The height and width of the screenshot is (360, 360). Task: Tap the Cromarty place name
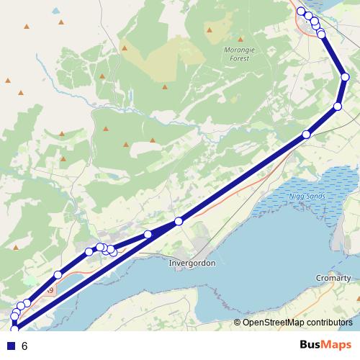[x=333, y=278]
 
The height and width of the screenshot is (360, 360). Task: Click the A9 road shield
[x=49, y=290]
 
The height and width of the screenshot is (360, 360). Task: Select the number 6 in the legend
[x=24, y=346]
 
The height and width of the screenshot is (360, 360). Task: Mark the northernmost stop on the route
[x=301, y=12]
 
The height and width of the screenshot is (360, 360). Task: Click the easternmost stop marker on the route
[x=345, y=77]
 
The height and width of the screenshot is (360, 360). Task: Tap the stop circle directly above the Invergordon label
[x=179, y=221]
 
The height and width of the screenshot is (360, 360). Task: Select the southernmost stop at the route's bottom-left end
[x=14, y=329]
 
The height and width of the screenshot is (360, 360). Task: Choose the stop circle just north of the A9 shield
[x=58, y=275]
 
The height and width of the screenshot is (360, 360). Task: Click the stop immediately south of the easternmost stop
[x=338, y=107]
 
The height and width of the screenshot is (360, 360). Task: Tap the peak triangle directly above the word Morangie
[x=210, y=30]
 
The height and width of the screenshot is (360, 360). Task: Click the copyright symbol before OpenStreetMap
[x=238, y=323]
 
